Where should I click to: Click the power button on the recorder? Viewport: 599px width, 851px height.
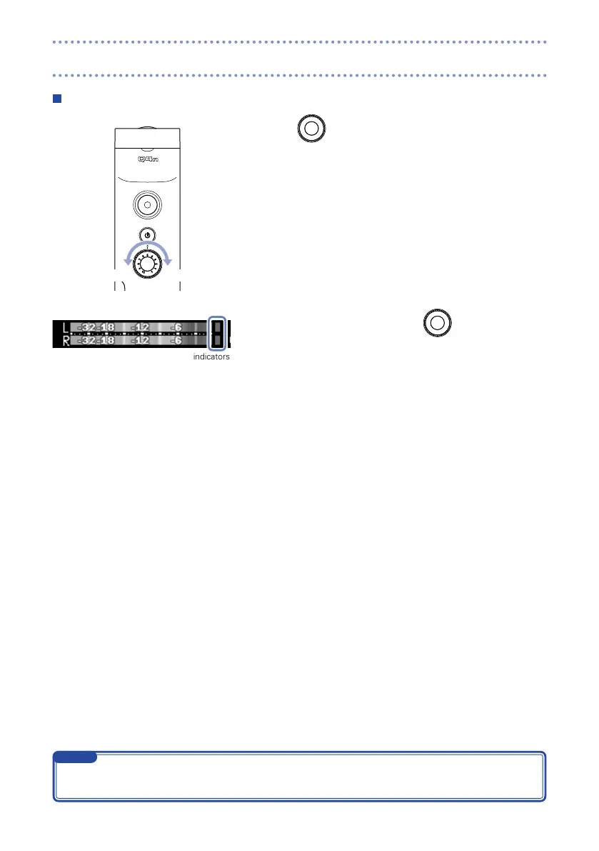tap(147, 235)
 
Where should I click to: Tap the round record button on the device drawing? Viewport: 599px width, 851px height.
tap(147, 204)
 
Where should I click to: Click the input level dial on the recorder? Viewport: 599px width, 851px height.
tap(147, 267)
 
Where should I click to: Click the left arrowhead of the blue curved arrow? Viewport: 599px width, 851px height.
tap(127, 260)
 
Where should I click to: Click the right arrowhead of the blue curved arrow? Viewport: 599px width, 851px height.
tap(168, 260)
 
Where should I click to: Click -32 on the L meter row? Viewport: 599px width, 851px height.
tap(89, 328)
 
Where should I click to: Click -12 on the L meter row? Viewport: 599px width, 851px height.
tap(141, 328)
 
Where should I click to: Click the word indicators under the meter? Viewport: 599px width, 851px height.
tap(211, 357)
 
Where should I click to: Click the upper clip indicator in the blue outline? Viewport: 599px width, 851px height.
tap(217, 327)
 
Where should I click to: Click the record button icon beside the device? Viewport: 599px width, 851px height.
tap(310, 129)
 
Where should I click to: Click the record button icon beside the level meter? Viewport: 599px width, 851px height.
tap(438, 323)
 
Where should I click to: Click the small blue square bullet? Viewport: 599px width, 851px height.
tap(59, 97)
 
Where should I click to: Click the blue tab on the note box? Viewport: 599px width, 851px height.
tap(76, 757)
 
